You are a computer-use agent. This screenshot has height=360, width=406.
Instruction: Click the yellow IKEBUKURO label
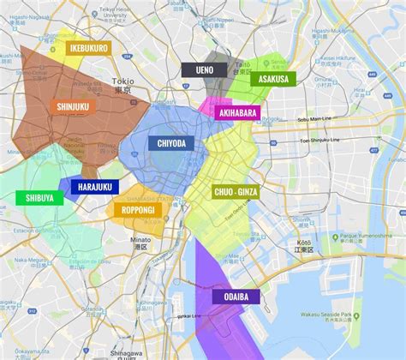88,48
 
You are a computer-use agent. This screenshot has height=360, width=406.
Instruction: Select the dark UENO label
204,70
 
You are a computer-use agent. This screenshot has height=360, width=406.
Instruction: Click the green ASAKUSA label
273,79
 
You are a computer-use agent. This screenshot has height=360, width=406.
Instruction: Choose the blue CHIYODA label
170,144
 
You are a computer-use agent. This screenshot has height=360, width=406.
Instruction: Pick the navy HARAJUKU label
94,187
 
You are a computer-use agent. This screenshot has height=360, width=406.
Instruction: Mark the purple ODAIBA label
236,296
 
